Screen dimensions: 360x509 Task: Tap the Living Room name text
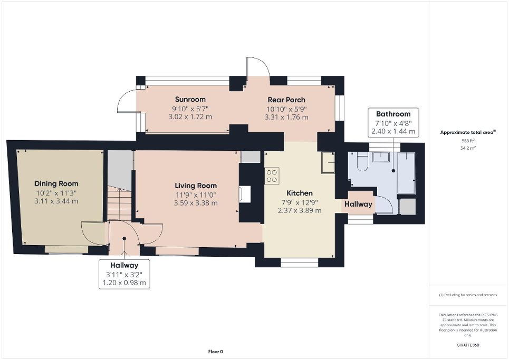196,186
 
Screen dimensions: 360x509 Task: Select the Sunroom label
190,99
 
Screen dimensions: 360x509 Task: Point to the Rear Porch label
286,100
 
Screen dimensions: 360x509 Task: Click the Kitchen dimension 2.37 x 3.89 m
300,210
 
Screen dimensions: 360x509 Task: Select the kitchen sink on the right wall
328,163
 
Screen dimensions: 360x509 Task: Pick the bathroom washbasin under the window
380,157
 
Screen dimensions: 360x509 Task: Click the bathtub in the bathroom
406,173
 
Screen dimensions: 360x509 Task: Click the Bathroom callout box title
393,114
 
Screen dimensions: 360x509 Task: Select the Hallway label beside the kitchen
358,204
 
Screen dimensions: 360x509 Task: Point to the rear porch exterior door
258,67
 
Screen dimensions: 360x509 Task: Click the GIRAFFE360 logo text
468,345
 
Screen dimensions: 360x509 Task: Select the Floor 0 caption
215,352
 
